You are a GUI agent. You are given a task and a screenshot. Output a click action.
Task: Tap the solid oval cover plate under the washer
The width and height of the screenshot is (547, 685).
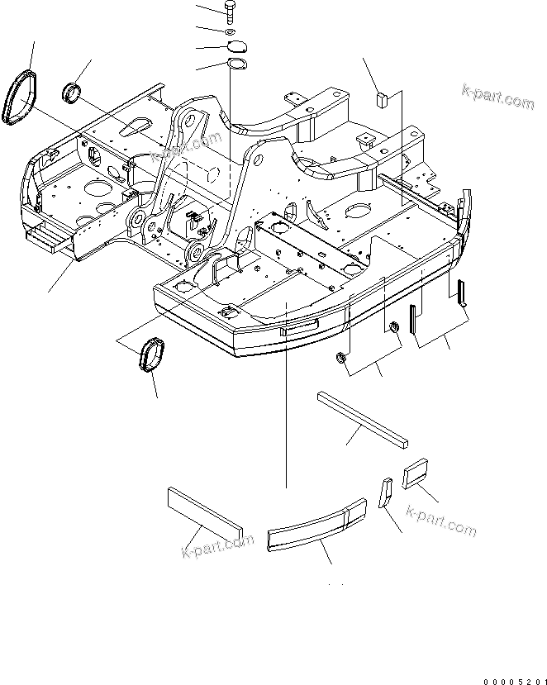pos(236,47)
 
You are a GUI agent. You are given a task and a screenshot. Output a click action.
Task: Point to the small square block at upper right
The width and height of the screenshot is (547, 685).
pos(381,100)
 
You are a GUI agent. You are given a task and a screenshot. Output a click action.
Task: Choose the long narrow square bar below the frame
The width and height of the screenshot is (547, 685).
pos(362,421)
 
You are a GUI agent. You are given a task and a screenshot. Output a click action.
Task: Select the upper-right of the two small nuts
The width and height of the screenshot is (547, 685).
pos(393,331)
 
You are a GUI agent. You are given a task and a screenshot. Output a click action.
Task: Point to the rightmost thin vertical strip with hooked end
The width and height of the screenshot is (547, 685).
pos(464,293)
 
